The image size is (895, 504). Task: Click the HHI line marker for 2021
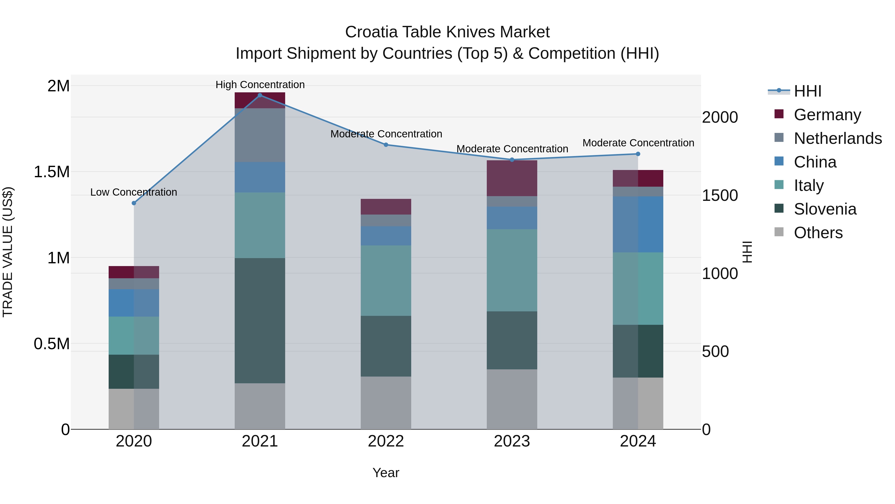[260, 95]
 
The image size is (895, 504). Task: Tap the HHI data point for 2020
[134, 203]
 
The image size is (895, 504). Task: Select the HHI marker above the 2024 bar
[638, 154]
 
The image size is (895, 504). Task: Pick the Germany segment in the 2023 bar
[512, 178]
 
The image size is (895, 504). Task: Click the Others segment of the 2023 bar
[512, 399]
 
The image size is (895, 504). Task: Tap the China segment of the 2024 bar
[638, 224]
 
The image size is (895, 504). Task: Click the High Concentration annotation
[260, 85]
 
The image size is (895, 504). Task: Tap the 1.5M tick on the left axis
[52, 172]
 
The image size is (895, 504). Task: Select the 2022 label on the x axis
[386, 441]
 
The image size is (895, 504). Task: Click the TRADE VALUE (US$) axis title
[8, 252]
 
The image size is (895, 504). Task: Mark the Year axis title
[386, 473]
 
